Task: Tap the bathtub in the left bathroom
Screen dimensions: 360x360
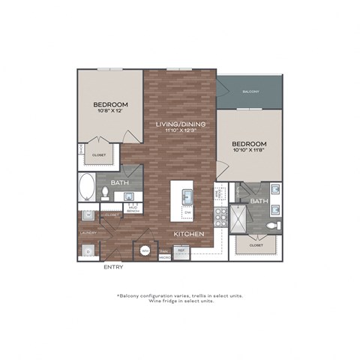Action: [87, 187]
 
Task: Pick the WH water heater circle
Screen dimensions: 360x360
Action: [145, 251]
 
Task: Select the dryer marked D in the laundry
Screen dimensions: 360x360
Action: [88, 251]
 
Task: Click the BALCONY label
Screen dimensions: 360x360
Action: [250, 91]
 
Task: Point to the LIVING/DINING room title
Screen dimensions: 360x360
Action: [181, 123]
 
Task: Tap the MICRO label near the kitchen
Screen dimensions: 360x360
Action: [164, 257]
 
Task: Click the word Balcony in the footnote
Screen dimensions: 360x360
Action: [135, 295]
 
